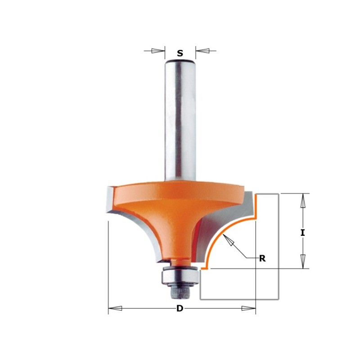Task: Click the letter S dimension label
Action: pos(180,53)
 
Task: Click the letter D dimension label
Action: pos(180,309)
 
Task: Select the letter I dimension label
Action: pos(303,233)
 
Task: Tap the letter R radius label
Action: pos(262,258)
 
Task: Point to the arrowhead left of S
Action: pos(158,50)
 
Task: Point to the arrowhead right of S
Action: pos(202,50)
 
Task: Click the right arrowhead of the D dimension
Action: pos(248,308)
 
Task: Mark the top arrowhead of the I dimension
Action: pos(303,201)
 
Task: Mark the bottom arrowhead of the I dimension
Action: pos(303,261)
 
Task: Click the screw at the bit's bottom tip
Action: pos(180,291)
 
